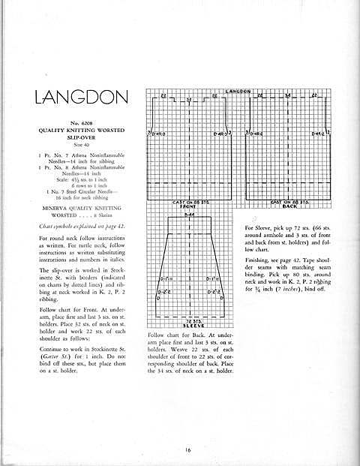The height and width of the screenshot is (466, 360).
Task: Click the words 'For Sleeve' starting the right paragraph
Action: point(259,227)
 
